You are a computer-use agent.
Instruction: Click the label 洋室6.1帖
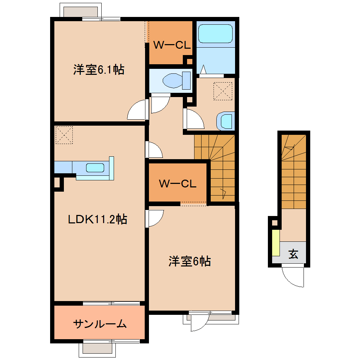(x=98, y=70)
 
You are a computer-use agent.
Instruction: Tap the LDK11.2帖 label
(x=97, y=220)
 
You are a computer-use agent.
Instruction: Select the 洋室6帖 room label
(x=190, y=262)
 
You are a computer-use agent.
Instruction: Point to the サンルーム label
(x=100, y=323)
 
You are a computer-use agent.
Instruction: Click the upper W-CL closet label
(x=172, y=45)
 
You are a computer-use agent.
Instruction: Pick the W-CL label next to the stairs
(x=177, y=184)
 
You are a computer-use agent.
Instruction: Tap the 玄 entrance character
(x=293, y=254)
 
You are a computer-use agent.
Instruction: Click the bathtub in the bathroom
(x=215, y=33)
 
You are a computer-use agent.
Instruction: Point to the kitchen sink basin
(x=95, y=168)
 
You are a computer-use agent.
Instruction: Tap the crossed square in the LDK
(x=64, y=135)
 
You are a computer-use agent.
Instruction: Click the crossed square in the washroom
(x=223, y=91)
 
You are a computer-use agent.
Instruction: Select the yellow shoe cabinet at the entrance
(x=276, y=243)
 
